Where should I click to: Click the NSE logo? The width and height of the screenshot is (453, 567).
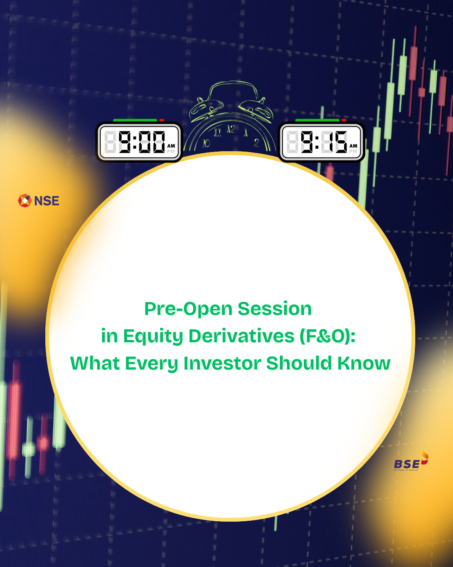coord(39,201)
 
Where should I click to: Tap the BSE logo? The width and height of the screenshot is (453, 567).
coord(410,462)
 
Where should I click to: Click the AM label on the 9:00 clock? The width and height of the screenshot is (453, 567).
coord(171,146)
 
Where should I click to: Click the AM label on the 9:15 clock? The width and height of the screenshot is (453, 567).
coord(353,146)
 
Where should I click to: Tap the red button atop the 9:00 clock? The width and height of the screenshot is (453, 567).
coord(161,121)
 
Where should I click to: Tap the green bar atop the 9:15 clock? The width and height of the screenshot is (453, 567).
coord(317,121)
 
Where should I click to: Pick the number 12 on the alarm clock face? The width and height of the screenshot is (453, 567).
coord(231,129)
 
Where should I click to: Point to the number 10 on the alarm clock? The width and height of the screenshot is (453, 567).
coord(206,143)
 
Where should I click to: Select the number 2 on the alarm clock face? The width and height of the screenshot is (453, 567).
coord(256,143)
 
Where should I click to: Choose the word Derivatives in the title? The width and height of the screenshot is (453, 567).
coord(242,336)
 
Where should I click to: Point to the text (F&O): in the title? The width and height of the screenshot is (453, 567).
coord(327,336)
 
